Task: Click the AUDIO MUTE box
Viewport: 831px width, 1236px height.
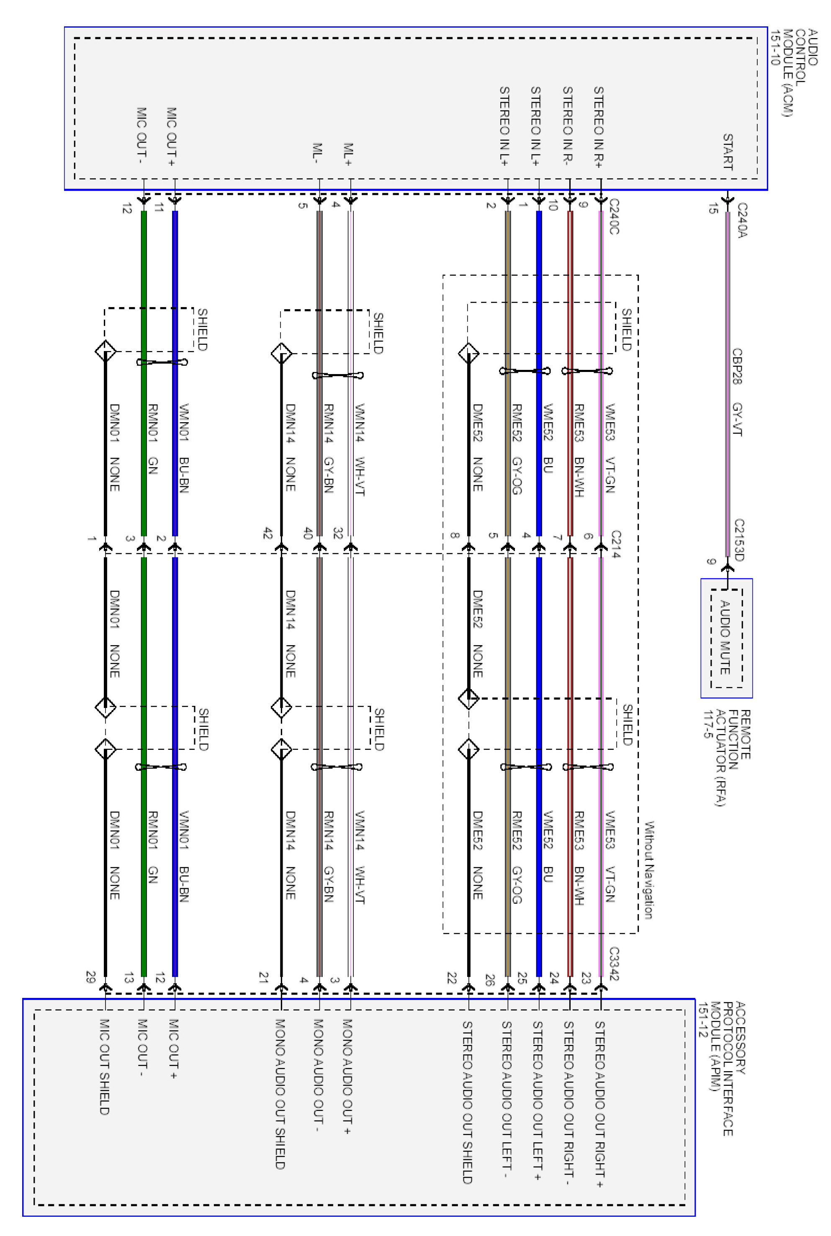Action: (x=727, y=638)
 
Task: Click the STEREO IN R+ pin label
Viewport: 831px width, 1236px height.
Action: (x=598, y=127)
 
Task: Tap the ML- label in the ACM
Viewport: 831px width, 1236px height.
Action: (x=317, y=153)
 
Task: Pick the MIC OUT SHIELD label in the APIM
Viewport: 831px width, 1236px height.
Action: (x=104, y=1067)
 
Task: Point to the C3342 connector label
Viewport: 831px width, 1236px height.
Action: (x=614, y=963)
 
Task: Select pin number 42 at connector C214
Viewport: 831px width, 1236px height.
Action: (x=268, y=533)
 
